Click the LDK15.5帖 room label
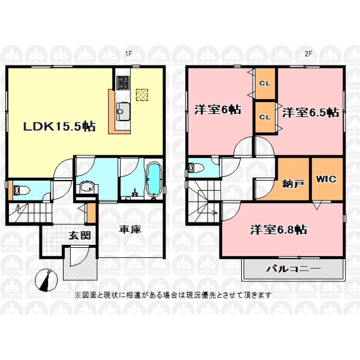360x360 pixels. point(59,126)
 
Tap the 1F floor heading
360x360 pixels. point(128,54)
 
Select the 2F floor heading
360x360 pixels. point(308,54)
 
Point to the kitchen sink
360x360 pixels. point(123,111)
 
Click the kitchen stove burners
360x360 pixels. point(123,82)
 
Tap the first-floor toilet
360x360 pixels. point(22,190)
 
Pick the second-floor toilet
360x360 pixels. point(196,167)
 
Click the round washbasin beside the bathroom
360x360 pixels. point(87,187)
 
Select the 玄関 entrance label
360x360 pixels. point(80,235)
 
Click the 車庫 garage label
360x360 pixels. point(130,229)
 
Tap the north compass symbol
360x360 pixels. point(46,280)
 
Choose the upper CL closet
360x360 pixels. point(265,83)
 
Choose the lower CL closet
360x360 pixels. point(265,117)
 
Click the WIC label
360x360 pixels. point(326,179)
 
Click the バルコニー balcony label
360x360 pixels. point(293,269)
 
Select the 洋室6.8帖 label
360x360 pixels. point(278,229)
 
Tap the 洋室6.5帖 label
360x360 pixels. point(310,113)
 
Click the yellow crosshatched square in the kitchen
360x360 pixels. point(142,95)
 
